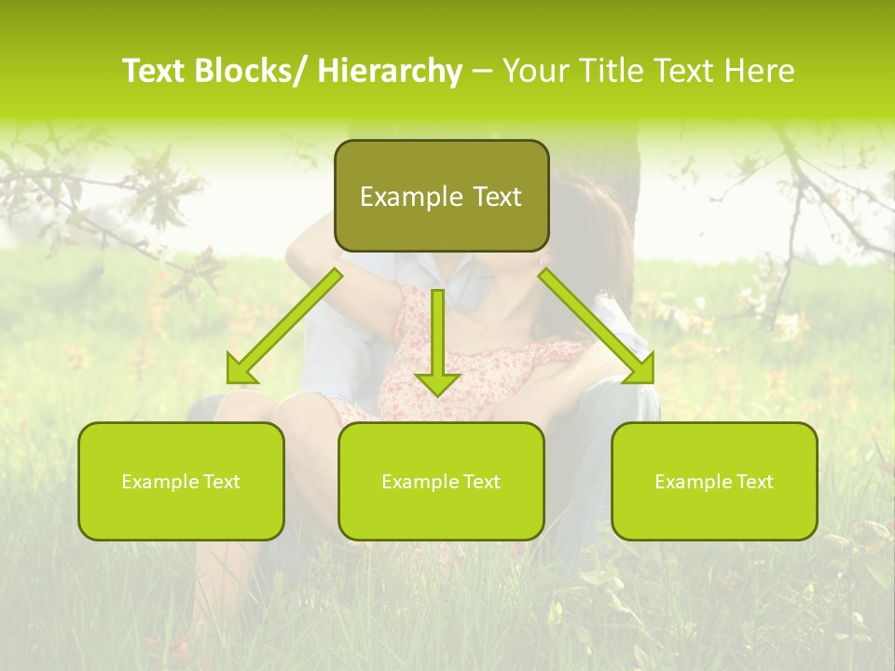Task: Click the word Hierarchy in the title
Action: (390, 71)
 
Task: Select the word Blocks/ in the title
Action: (252, 71)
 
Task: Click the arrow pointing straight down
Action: (437, 345)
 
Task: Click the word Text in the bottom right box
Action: (753, 482)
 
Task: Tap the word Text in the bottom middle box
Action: (480, 482)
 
